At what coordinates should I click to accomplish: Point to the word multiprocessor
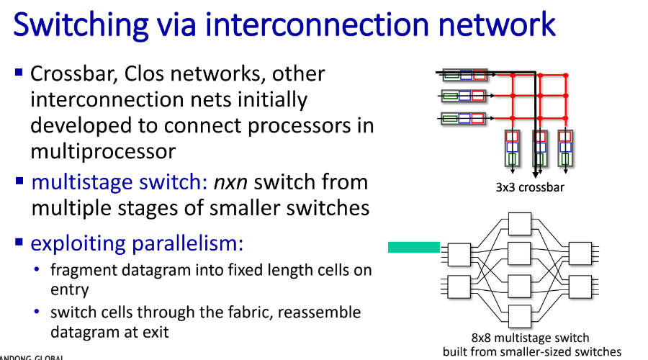point(103,152)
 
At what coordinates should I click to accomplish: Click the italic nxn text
point(230,182)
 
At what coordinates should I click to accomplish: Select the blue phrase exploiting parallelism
point(137,243)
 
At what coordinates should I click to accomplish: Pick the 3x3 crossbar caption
point(530,187)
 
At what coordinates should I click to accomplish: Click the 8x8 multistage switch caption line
point(530,338)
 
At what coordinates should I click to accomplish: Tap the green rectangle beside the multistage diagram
point(414,247)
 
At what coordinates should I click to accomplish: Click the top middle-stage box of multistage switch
point(519,224)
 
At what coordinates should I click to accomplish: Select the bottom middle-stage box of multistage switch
point(519,316)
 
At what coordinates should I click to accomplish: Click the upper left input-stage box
point(459,254)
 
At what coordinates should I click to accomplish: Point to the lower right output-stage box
point(580,287)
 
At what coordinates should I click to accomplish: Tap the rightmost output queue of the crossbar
point(565,148)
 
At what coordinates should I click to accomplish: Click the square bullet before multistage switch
point(19,181)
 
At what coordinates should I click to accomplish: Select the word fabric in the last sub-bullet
point(256,312)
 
